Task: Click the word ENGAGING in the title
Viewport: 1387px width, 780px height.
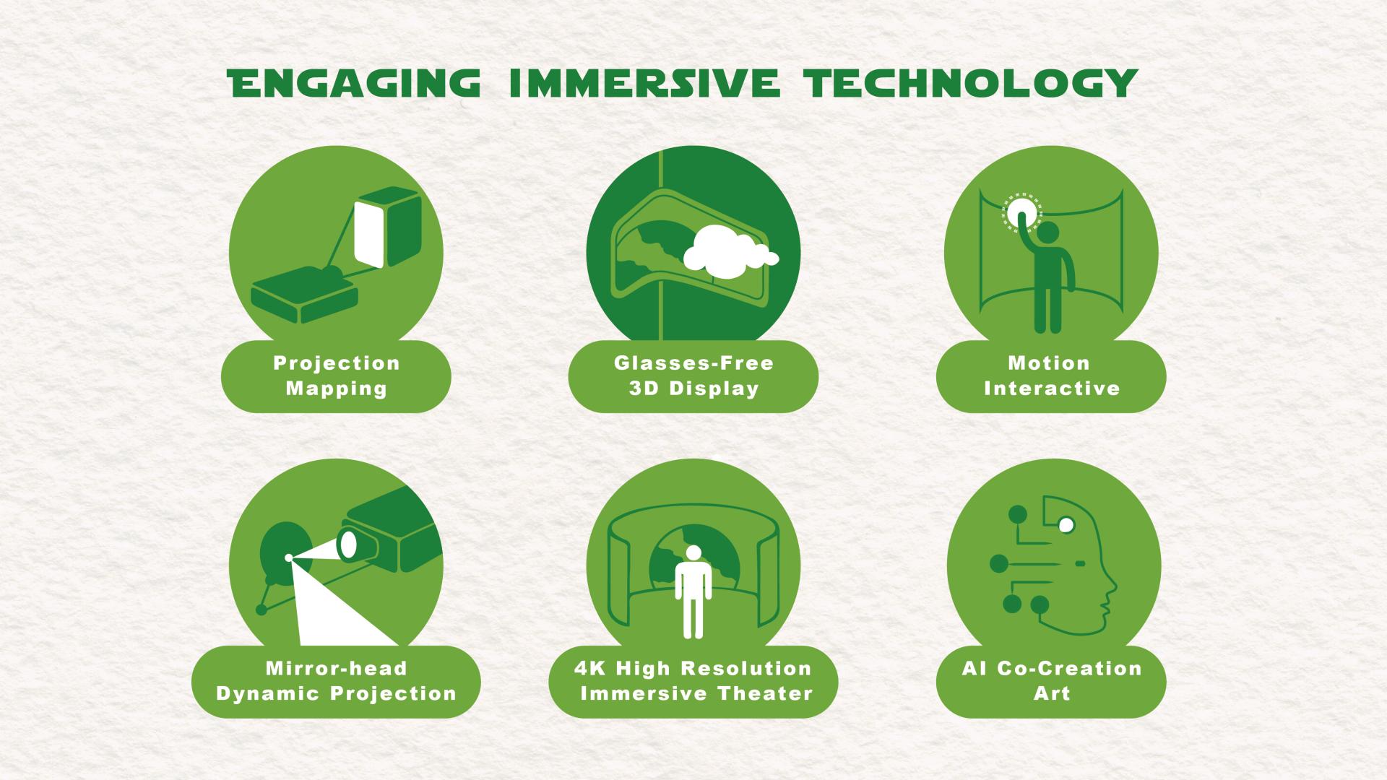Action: (354, 83)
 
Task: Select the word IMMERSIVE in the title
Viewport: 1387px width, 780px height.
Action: (644, 83)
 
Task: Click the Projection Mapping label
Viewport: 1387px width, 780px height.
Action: (337, 376)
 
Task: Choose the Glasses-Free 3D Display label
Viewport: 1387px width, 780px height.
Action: (693, 376)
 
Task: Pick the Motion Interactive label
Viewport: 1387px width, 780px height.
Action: (1052, 376)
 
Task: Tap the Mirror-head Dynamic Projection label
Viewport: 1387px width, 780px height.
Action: (337, 681)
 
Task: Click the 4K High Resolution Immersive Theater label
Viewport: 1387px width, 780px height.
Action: (693, 681)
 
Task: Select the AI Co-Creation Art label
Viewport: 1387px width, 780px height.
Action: (1052, 681)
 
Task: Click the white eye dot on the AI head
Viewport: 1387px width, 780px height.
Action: (1066, 526)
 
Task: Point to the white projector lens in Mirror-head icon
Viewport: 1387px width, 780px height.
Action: (349, 545)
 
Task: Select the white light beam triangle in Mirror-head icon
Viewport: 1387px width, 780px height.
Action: (340, 603)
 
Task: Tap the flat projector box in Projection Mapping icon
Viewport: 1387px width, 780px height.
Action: (305, 295)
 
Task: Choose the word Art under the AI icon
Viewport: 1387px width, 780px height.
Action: (1052, 693)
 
